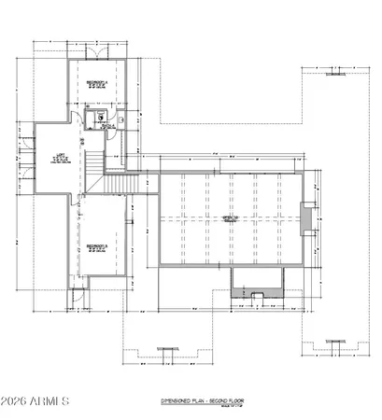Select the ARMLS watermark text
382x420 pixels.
click(x=50, y=403)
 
